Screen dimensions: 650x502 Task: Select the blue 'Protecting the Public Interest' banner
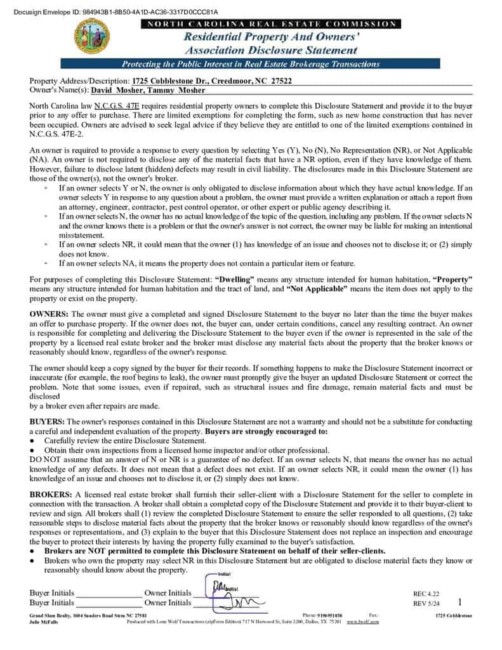click(x=251, y=64)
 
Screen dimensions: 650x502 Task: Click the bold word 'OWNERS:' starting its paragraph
click(x=50, y=314)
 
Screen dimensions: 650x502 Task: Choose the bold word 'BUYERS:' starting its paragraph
click(x=48, y=421)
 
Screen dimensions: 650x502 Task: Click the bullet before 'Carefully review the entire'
click(x=32, y=440)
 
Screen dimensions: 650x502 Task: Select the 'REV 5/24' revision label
click(x=426, y=603)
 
